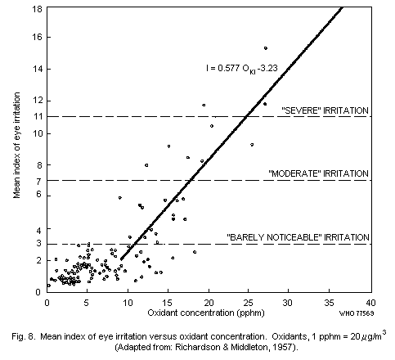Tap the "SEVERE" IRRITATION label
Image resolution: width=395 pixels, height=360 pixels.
(x=325, y=110)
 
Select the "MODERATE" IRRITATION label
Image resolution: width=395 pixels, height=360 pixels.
(x=319, y=173)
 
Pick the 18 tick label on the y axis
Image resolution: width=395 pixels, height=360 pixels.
(x=37, y=7)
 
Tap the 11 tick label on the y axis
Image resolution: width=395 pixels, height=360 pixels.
(x=37, y=117)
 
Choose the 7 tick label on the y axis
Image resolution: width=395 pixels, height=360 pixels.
(x=38, y=180)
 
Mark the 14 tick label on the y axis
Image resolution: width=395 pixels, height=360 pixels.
(x=37, y=70)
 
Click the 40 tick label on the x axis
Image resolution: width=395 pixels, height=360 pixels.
(x=370, y=301)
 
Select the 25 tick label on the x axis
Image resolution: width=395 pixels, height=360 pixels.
(x=249, y=301)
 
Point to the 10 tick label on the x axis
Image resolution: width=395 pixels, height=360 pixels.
(x=128, y=301)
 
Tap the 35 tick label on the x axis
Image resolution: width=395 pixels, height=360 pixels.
(x=330, y=301)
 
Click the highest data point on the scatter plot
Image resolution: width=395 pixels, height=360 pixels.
(x=266, y=48)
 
